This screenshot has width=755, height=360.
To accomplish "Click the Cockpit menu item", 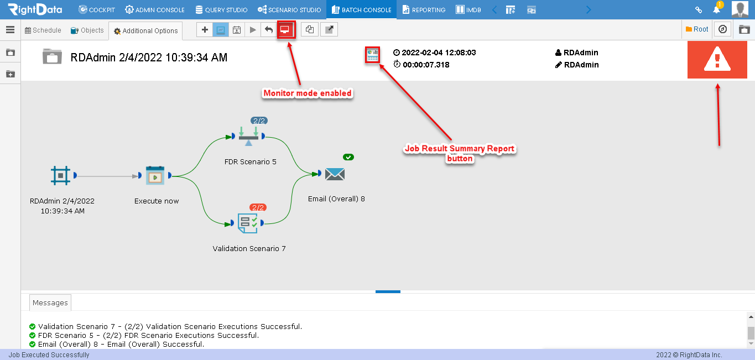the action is click(x=97, y=10).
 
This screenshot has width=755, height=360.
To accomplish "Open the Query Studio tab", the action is click(x=221, y=10).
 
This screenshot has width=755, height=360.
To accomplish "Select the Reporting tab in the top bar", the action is click(x=424, y=10).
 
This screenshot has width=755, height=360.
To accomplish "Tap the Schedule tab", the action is click(x=43, y=30).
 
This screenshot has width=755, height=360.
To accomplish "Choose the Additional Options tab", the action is click(x=145, y=31).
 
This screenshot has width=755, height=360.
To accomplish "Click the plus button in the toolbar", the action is click(x=205, y=30).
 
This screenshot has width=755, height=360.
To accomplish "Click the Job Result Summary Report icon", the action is click(x=372, y=55).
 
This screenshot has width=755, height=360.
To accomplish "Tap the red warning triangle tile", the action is click(x=717, y=60).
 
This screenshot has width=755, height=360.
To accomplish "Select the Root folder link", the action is click(x=697, y=29).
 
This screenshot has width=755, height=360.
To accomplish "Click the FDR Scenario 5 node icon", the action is click(x=249, y=136).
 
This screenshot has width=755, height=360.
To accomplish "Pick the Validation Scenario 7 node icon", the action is click(x=248, y=223).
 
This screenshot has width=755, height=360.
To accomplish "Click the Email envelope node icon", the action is click(x=335, y=174).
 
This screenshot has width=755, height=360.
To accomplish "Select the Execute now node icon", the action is click(x=155, y=175).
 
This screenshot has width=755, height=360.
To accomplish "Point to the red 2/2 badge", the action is click(x=258, y=207).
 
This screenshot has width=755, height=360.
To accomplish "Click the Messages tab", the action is click(x=50, y=302).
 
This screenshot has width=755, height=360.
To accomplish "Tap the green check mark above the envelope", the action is click(x=348, y=157).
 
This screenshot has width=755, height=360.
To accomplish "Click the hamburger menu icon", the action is click(x=10, y=30).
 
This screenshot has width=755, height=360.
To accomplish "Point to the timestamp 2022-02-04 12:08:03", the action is click(x=439, y=53).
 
